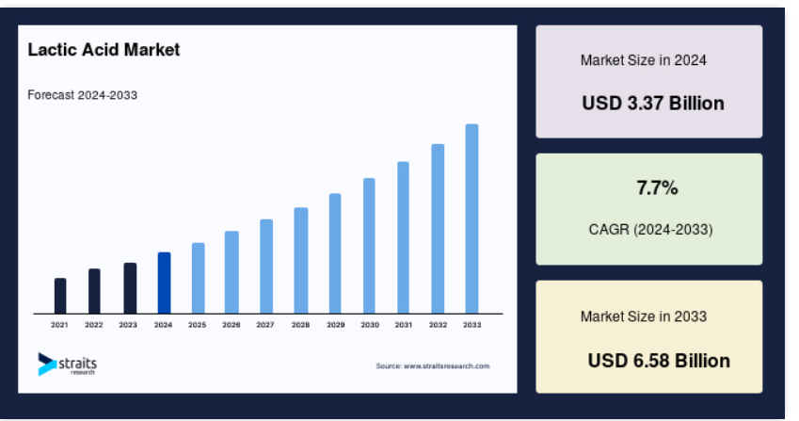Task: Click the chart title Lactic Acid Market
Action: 104,49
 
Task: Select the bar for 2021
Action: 60,296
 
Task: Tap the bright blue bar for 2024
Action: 164,283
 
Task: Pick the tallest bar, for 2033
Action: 471,219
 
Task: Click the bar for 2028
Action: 300,261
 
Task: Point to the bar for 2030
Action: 369,246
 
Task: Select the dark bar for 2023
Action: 130,288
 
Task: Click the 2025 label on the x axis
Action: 198,325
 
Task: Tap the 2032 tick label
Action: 438,325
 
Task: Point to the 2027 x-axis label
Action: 265,325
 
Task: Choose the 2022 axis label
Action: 94,325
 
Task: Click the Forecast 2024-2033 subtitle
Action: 82,95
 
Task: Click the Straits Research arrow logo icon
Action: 46,364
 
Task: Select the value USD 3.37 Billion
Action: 653,103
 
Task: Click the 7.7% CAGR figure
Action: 657,188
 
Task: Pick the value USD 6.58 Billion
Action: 659,361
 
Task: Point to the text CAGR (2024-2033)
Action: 650,230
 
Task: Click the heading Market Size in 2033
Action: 643,316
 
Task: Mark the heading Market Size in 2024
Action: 643,60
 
